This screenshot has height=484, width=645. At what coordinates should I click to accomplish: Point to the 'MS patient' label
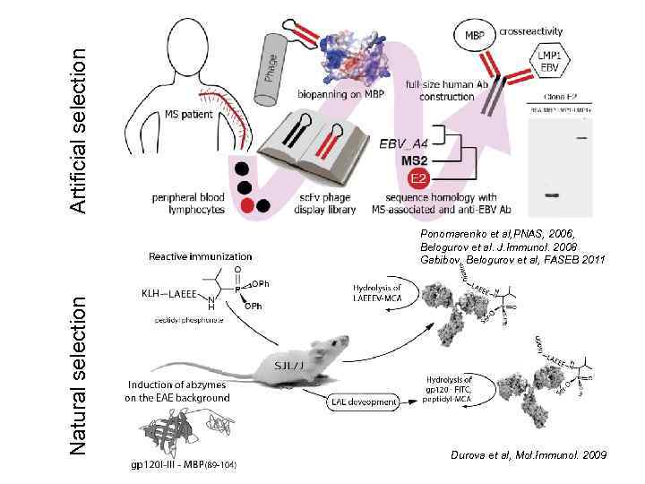coord(192,114)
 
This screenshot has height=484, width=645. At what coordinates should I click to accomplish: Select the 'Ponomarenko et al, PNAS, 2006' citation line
coord(497,234)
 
